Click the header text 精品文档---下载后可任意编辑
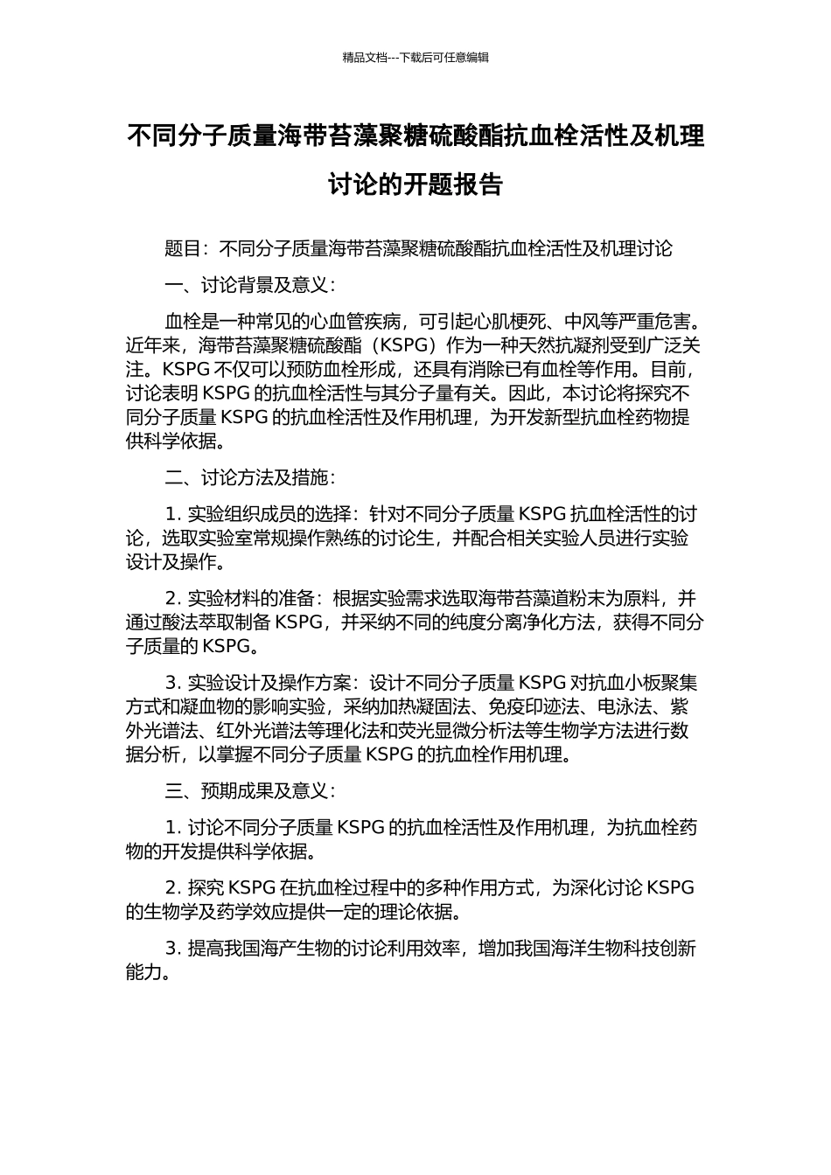[x=415, y=58]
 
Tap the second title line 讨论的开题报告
[x=415, y=184]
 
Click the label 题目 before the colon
[x=183, y=249]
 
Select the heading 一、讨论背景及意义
[x=246, y=286]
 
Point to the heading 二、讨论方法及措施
[x=246, y=478]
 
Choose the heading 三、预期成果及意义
[x=246, y=791]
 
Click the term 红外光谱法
[x=266, y=730]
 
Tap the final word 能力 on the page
[x=144, y=971]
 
